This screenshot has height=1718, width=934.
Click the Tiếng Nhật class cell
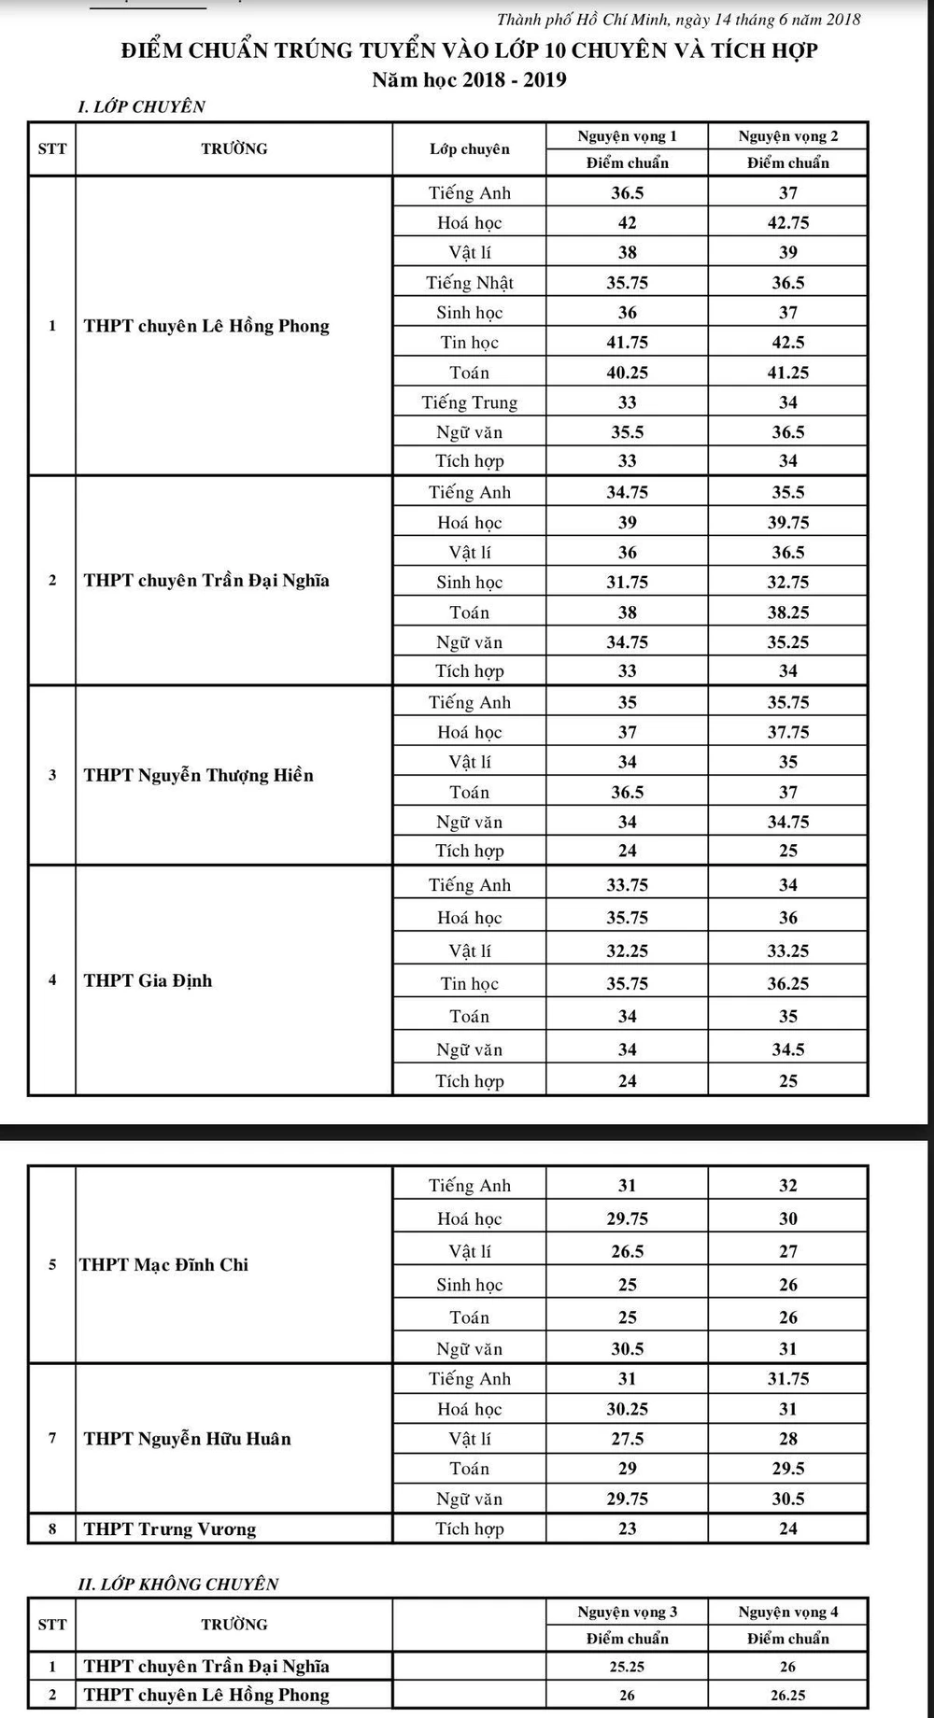point(469,283)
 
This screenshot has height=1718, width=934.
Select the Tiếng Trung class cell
point(469,402)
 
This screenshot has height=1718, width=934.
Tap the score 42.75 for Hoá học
point(787,222)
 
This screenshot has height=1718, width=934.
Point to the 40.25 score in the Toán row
point(627,373)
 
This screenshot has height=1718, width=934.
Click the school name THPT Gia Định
point(148,980)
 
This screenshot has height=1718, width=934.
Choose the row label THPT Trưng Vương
point(169,1528)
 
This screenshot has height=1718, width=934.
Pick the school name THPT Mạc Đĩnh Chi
point(164,1265)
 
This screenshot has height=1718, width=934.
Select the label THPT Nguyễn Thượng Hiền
point(198,775)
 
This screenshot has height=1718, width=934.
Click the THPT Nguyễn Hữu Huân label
point(187,1439)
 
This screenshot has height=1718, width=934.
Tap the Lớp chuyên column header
point(469,148)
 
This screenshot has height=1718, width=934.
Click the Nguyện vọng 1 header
point(627,136)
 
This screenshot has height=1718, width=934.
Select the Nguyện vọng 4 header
point(787,1612)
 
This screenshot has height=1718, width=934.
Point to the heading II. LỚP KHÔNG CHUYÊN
point(178,1584)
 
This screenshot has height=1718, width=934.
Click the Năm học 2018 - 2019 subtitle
point(469,79)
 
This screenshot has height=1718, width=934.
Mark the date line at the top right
point(678,20)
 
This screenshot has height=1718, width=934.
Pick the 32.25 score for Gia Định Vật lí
point(627,951)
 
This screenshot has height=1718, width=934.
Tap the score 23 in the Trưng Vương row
point(627,1528)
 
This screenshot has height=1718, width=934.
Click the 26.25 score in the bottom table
point(787,1695)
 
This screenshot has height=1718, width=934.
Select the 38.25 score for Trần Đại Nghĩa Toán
point(787,613)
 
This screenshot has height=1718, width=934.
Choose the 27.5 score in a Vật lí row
point(627,1439)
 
